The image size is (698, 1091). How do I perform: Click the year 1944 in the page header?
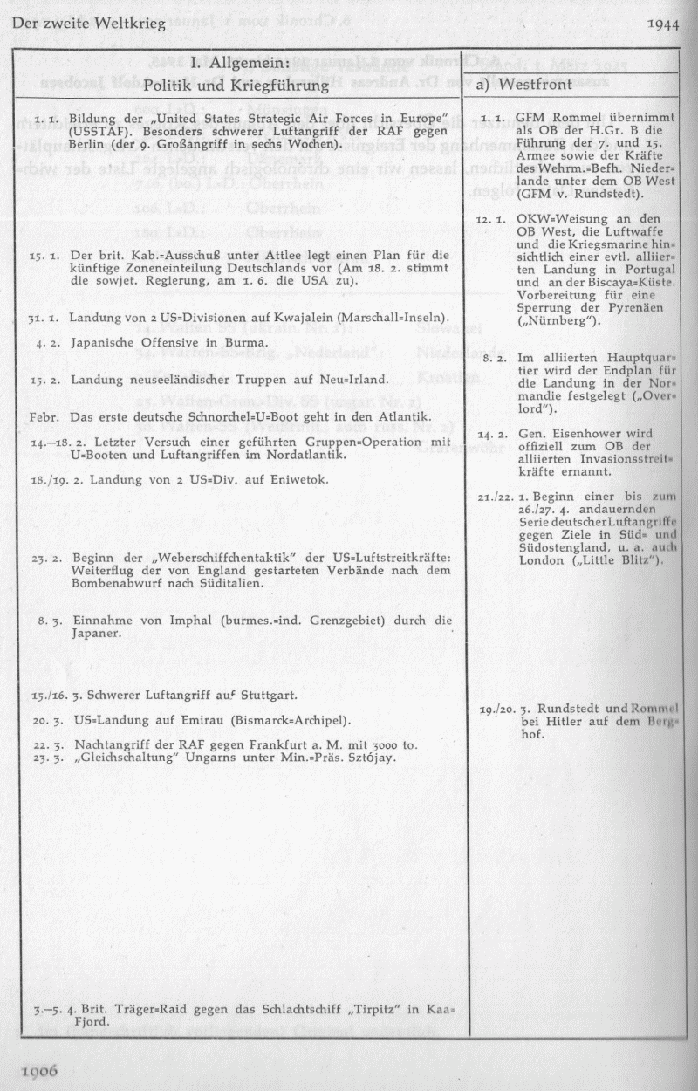[664, 24]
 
